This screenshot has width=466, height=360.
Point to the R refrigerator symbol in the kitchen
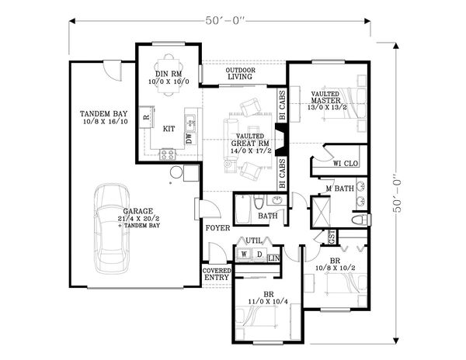pyautogui.click(x=145, y=118)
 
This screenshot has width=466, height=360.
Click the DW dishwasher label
pyautogui.click(x=189, y=137)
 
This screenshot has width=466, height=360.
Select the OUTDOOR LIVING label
pyautogui.click(x=241, y=74)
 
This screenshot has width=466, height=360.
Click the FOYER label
pyautogui.click(x=217, y=229)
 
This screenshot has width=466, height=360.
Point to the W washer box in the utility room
pyautogui.click(x=245, y=254)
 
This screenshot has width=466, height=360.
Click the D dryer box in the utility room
pyautogui.click(x=258, y=254)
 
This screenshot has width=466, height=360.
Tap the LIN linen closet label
pyautogui.click(x=273, y=258)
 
